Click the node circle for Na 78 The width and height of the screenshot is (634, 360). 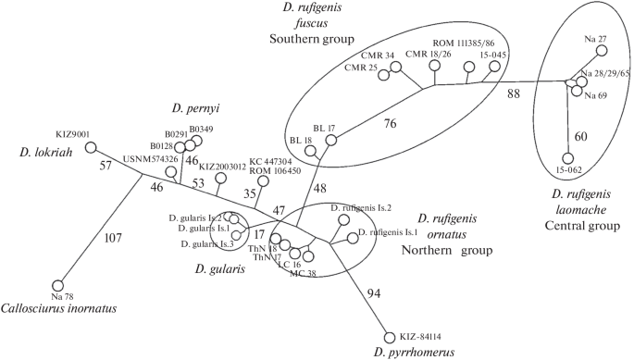point(57,283)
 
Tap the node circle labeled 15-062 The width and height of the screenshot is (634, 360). point(570,158)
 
